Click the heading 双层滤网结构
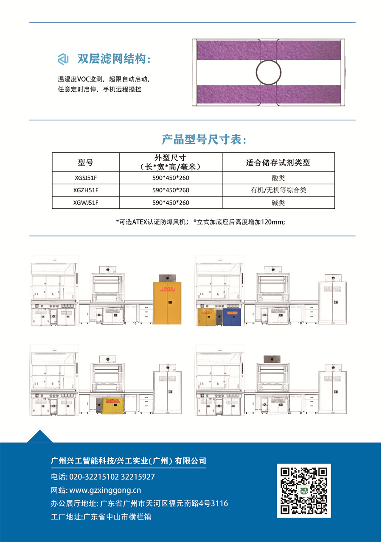coord(114,59)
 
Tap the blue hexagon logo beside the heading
coord(63,59)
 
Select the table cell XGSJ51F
coord(86,177)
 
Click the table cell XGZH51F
coord(86,190)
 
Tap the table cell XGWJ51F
coord(86,203)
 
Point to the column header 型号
coord(86,162)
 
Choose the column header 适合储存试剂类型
coord(278,162)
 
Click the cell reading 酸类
coord(278,177)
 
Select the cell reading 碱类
coord(278,203)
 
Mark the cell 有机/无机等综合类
coord(278,190)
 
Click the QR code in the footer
coord(304,490)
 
